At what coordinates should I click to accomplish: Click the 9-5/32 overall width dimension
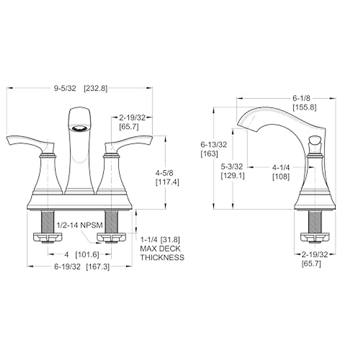[x=65, y=88]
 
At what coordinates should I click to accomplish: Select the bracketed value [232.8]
[x=95, y=88]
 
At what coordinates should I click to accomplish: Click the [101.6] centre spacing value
[x=87, y=254]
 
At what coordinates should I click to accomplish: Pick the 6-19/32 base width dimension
[x=67, y=267]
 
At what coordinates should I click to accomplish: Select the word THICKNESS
[x=162, y=257]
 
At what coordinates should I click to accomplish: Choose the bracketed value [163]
[x=209, y=154]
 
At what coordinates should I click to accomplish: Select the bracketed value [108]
[x=281, y=177]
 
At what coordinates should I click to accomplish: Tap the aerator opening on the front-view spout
[x=79, y=128]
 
